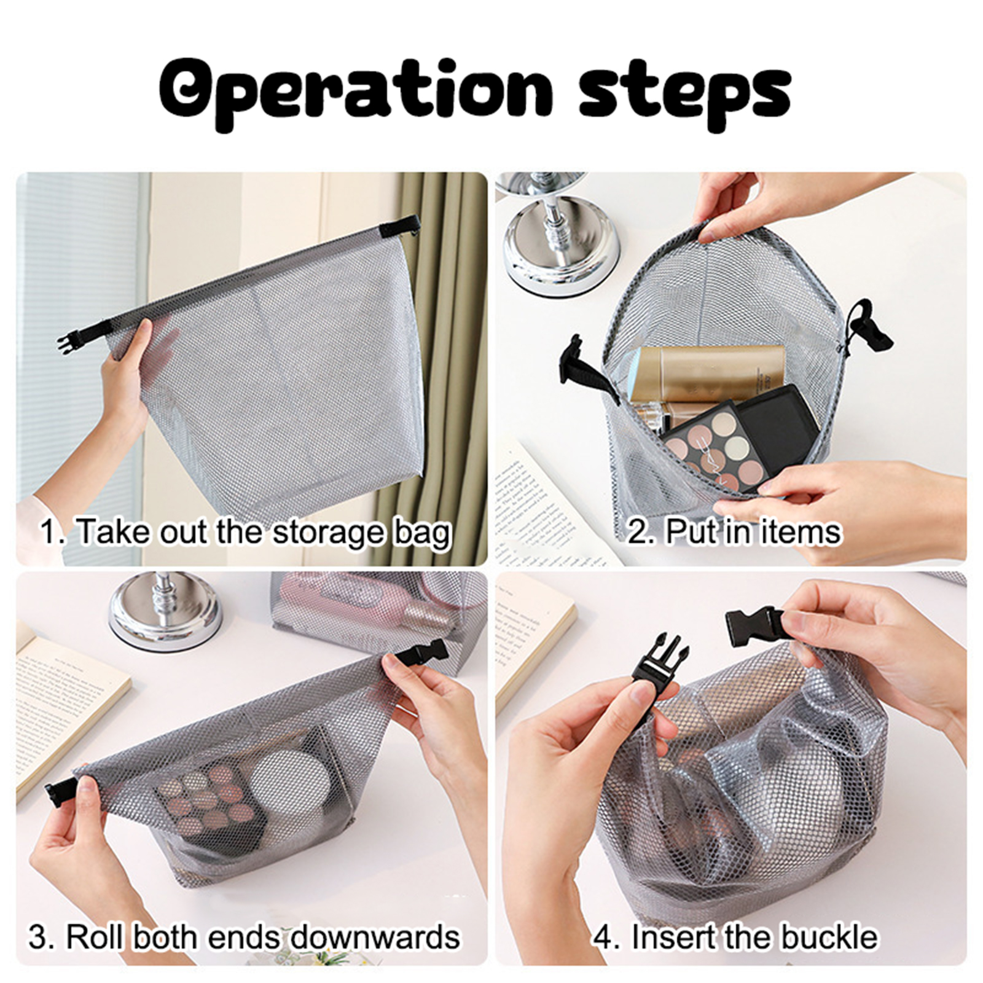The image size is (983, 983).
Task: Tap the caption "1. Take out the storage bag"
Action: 246,532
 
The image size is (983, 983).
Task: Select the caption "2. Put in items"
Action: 734,531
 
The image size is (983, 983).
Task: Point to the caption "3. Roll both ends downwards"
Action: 244,937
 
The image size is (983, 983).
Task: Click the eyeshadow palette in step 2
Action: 713,446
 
